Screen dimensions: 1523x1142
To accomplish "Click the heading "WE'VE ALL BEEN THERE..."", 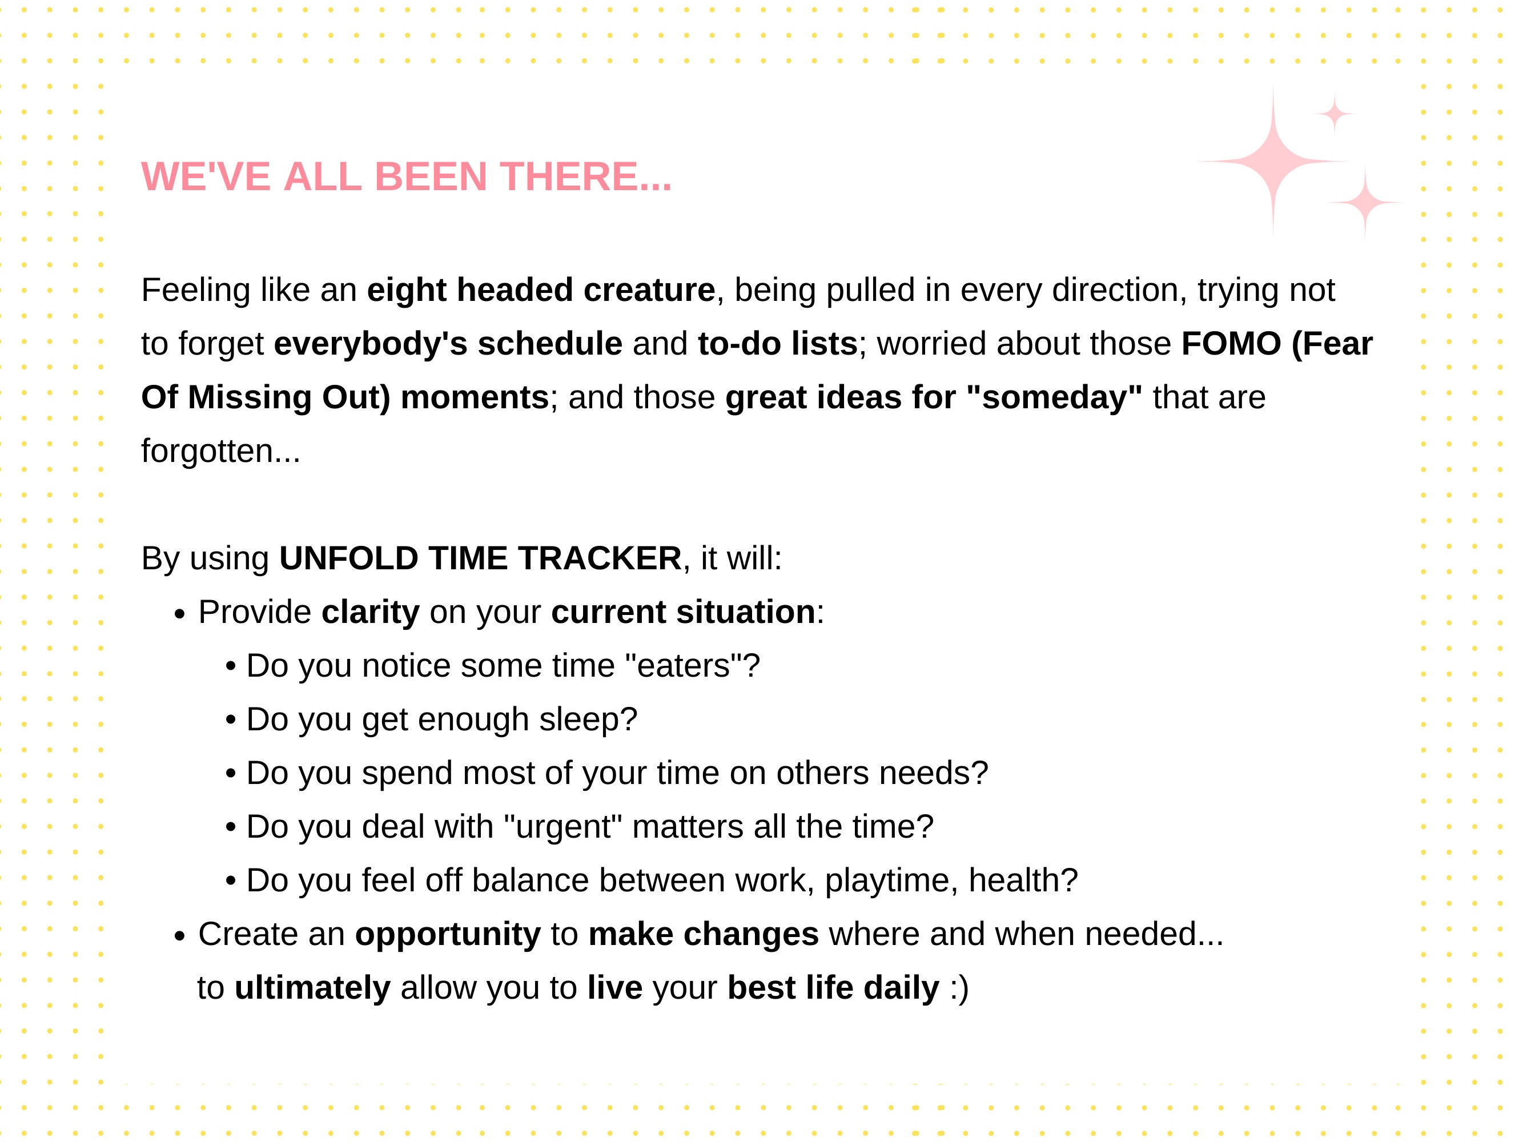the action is (x=406, y=176).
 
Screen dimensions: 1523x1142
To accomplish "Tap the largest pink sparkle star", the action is (x=1272, y=161).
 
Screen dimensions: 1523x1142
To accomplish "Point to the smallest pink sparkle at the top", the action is (x=1335, y=114).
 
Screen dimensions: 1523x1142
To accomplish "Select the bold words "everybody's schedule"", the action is (x=448, y=344).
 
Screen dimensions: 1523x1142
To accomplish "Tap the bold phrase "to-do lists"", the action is (x=777, y=344).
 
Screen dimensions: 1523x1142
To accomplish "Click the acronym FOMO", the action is (x=1232, y=344).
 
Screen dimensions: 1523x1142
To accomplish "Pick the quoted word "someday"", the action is (x=1055, y=397).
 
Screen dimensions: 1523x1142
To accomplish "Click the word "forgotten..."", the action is (x=221, y=451).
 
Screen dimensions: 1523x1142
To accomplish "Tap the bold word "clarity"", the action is (x=371, y=612).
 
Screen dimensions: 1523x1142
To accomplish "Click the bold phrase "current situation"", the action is (x=683, y=612).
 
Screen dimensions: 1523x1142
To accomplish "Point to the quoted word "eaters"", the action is (x=684, y=666).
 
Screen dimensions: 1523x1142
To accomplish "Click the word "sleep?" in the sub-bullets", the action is (x=588, y=719).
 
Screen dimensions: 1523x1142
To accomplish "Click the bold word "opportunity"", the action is (x=448, y=934).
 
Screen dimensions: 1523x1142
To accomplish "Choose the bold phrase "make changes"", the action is (x=704, y=934).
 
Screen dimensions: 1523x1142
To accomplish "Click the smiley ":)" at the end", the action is (x=959, y=988).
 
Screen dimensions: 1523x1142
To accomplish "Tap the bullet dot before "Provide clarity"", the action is (x=180, y=614).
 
